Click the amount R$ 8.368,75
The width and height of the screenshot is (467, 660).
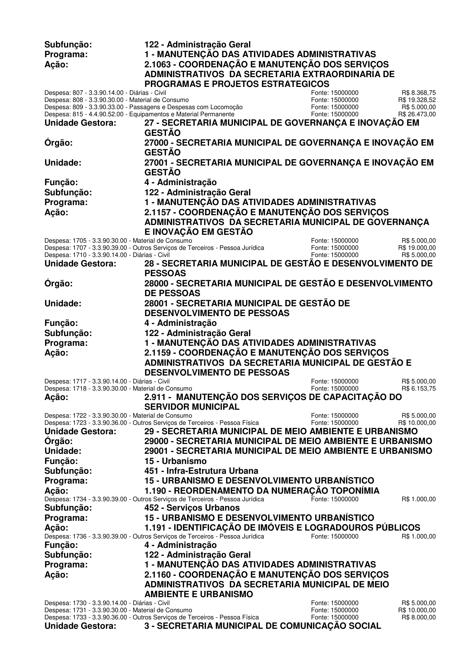419,93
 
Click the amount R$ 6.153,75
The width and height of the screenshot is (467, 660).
419,388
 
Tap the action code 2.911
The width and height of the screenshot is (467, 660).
154,397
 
